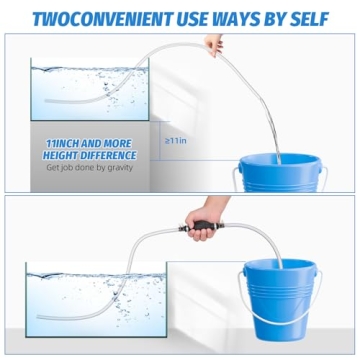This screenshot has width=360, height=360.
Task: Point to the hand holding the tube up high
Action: click(x=214, y=46)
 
